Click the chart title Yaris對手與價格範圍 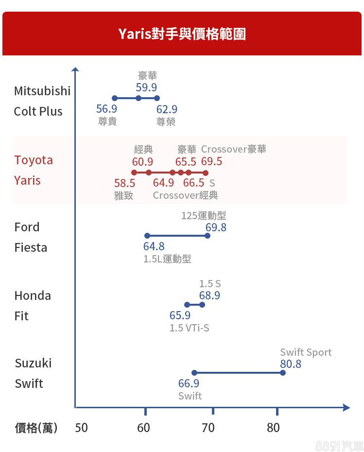pyautogui.click(x=182, y=34)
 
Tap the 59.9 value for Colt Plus pyautogui.click(x=146, y=87)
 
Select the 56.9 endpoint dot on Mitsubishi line pyautogui.click(x=115, y=98)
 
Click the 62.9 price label pyautogui.click(x=167, y=109)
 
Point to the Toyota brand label pyautogui.click(x=34, y=160)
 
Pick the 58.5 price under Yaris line pyautogui.click(x=124, y=183)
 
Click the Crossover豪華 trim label pyautogui.click(x=234, y=149)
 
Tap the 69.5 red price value pyautogui.click(x=211, y=161)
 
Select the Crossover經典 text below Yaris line pyautogui.click(x=185, y=195)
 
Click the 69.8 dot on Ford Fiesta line pyautogui.click(x=208, y=236)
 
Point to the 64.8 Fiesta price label pyautogui.click(x=154, y=247)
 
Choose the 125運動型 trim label pyautogui.click(x=204, y=215)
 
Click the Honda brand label pyautogui.click(x=33, y=296)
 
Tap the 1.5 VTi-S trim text pyautogui.click(x=189, y=328)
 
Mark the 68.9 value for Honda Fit pyautogui.click(x=209, y=296)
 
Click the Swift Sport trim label pyautogui.click(x=306, y=352)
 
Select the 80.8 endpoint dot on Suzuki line pyautogui.click(x=283, y=373)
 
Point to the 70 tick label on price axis pyautogui.click(x=208, y=428)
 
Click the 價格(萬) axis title pyautogui.click(x=36, y=428)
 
